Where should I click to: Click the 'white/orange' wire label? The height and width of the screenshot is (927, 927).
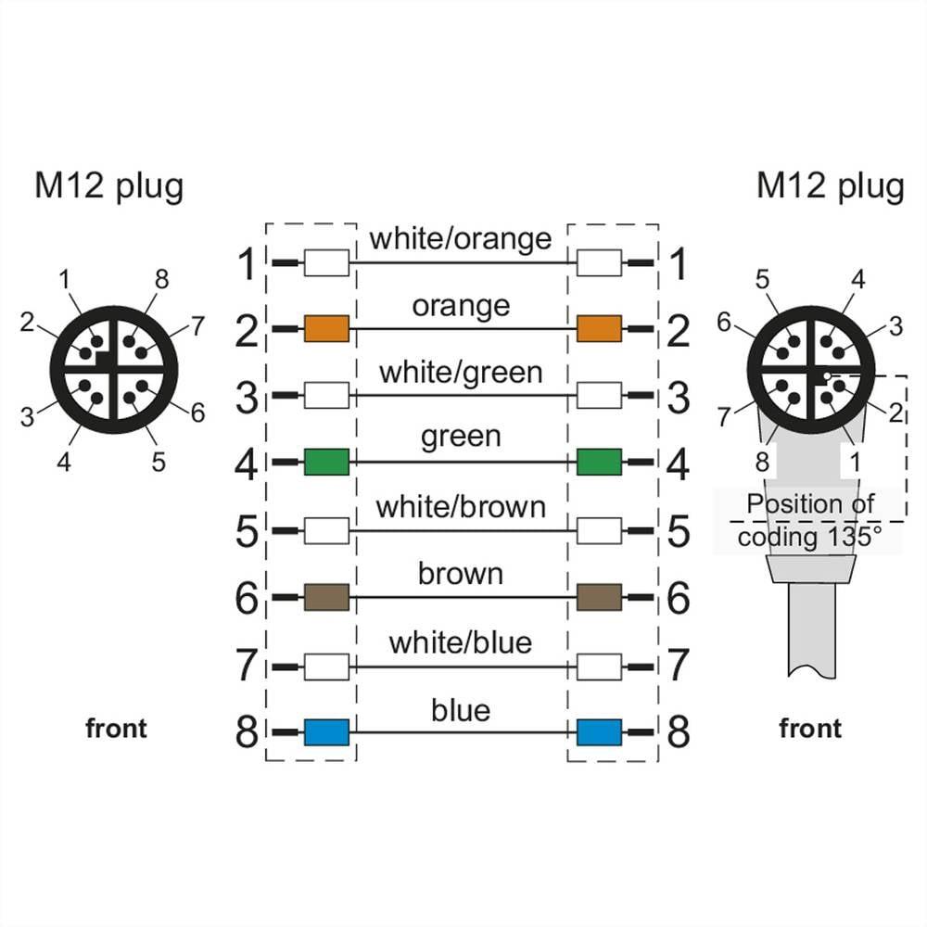point(461,238)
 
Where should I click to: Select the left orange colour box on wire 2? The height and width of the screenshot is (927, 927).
point(326,328)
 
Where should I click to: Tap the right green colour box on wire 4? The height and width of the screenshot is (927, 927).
point(599,462)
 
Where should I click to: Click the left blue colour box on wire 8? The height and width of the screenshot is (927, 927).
point(326,732)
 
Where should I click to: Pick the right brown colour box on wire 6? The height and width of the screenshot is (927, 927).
point(599,597)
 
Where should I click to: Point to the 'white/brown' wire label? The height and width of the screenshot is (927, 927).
point(461,507)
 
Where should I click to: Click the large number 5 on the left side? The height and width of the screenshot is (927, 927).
point(248,532)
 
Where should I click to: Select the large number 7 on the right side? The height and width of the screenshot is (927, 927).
point(679,666)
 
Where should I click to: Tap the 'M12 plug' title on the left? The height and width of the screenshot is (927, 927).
point(109,185)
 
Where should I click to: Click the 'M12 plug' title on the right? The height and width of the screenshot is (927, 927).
point(830,185)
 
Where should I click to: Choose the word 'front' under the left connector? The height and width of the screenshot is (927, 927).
point(116,729)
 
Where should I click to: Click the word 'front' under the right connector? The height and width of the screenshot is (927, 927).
point(810,729)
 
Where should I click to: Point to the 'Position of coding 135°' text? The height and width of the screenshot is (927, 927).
point(810,520)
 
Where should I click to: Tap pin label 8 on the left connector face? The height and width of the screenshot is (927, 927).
point(162,280)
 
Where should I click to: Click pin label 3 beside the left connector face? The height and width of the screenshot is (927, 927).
point(27,417)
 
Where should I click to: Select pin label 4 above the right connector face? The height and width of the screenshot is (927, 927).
point(857,279)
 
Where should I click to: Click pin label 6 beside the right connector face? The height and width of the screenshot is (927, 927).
point(725,323)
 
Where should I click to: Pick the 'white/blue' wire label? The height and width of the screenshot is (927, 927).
point(461,642)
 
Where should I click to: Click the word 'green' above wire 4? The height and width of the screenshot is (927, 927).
point(461,437)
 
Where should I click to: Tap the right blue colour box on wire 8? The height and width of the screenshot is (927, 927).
point(599,732)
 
